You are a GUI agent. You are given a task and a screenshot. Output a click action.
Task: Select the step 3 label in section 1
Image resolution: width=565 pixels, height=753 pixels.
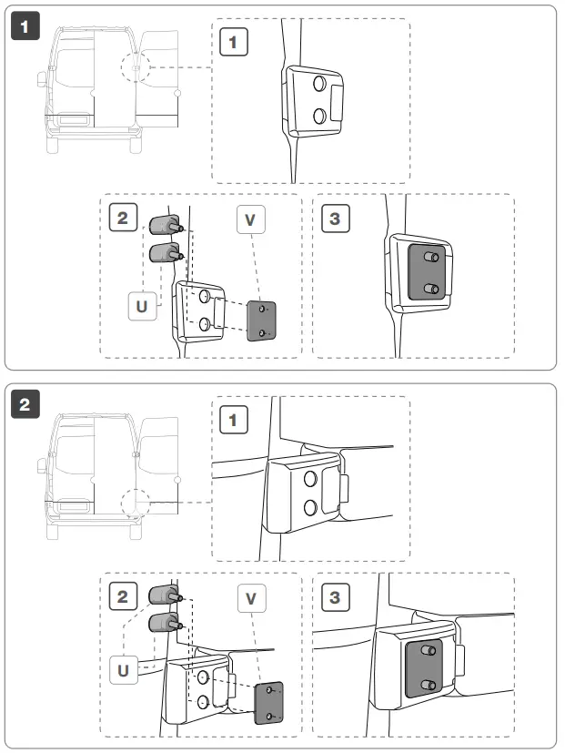[x=336, y=219]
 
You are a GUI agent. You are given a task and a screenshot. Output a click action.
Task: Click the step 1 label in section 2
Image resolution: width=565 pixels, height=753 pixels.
[x=234, y=420]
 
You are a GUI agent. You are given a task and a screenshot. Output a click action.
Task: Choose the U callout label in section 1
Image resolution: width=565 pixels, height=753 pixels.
[x=141, y=306]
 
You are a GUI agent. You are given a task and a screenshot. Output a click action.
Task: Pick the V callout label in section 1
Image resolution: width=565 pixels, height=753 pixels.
[x=250, y=220]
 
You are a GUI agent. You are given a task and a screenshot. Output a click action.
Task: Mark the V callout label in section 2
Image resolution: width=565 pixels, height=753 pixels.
[x=251, y=598]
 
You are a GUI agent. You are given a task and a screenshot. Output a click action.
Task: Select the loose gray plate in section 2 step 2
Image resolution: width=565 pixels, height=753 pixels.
[x=269, y=703]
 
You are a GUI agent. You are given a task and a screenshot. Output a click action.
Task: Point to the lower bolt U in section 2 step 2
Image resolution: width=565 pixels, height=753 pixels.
[x=163, y=624]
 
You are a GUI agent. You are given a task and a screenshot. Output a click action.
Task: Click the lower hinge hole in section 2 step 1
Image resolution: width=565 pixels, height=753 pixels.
[x=309, y=506]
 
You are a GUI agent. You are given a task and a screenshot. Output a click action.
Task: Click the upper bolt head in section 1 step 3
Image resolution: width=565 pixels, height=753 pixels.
[x=432, y=259]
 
